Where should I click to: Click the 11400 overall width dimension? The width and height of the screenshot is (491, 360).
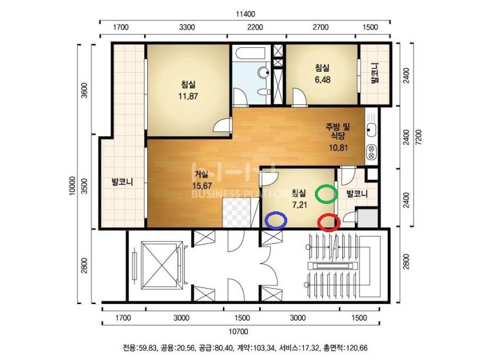tap(245, 14)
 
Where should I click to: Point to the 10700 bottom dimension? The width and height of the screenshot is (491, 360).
tap(238, 331)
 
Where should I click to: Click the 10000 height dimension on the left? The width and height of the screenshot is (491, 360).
tap(72, 186)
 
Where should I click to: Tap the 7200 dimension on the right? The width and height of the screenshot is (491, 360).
tap(419, 137)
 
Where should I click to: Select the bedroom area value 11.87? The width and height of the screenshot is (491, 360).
tap(188, 96)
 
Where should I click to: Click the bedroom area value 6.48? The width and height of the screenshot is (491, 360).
tap(323, 80)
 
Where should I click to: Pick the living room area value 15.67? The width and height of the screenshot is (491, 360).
tap(202, 186)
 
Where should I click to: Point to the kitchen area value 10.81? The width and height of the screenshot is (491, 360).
tap(338, 147)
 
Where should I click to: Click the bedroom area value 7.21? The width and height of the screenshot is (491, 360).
tap(300, 205)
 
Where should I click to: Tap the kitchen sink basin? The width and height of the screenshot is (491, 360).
tap(371, 130)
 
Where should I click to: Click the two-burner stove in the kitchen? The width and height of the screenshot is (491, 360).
tap(371, 152)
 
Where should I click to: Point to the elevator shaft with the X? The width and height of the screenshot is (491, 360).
tap(161, 265)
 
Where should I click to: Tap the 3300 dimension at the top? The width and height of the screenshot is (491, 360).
tap(187, 27)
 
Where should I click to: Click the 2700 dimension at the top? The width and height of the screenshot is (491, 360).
tap(320, 27)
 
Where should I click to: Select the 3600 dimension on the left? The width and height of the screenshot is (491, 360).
tap(85, 90)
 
